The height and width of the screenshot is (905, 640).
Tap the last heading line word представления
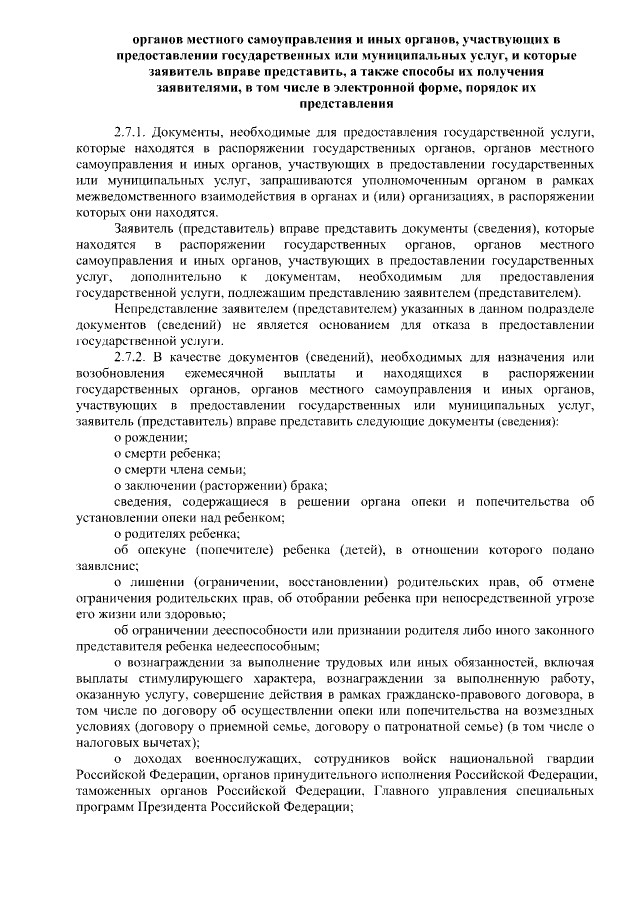(320, 103)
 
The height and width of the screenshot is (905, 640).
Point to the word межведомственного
(139, 197)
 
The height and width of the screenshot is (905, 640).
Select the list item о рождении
(150, 438)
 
